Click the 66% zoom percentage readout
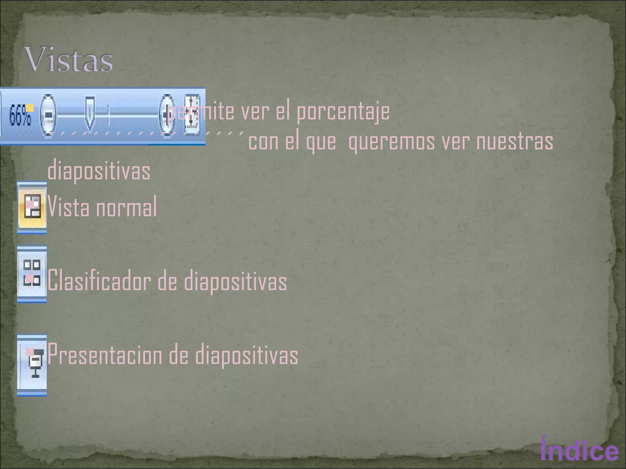pos(20,116)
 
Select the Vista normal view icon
pos(32,208)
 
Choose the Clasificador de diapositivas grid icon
pos(32,273)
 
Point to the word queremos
pos(391,142)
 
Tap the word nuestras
pos(515,142)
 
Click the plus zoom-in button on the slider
pos(167,115)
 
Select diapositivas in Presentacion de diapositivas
pos(246,355)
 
